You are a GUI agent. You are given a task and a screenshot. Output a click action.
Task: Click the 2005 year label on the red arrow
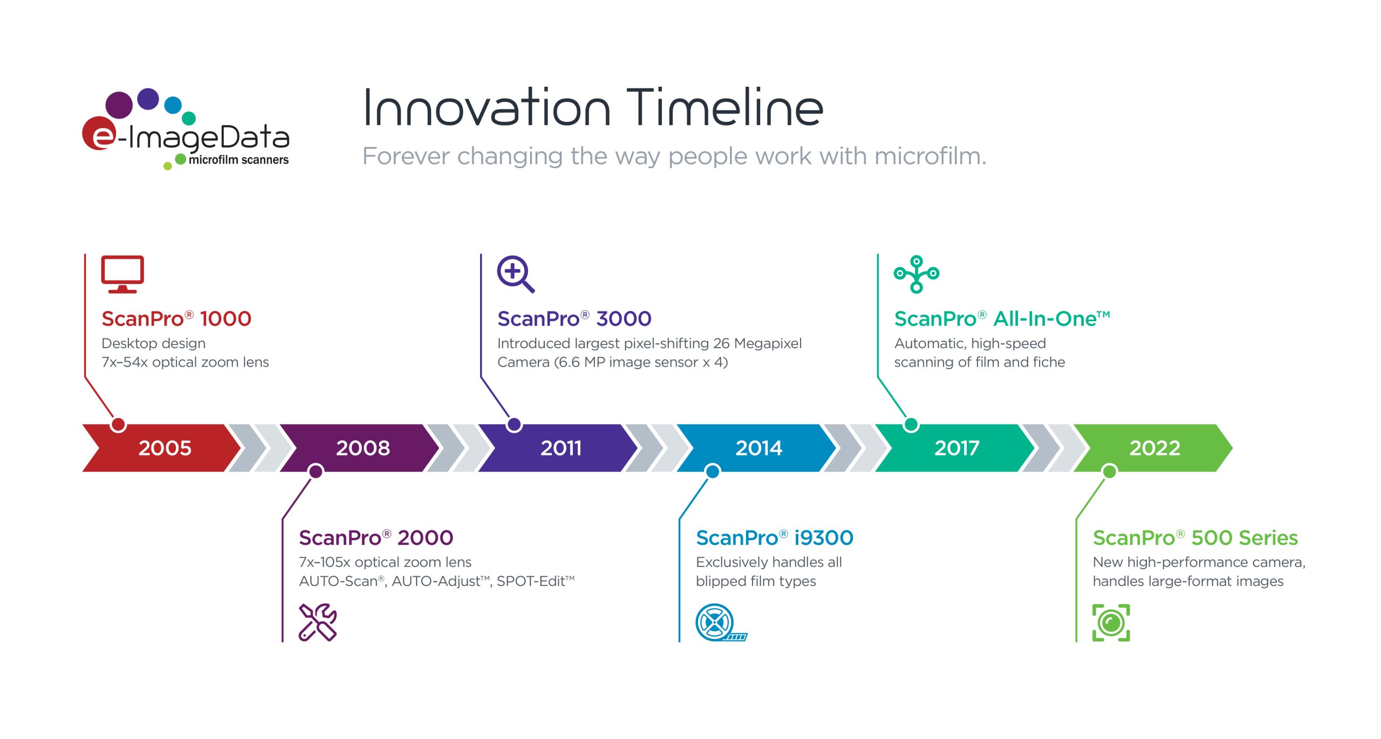[165, 448]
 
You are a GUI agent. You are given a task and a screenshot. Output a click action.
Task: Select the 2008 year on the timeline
[363, 448]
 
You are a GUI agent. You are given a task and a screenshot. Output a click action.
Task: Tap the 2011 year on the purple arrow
[561, 448]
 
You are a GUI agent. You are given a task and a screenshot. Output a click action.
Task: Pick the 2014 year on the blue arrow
[758, 448]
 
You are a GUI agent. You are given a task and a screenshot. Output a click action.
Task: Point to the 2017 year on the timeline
[956, 448]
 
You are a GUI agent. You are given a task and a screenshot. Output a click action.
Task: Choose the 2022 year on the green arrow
[1154, 448]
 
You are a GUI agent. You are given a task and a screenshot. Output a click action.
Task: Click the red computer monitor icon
[122, 274]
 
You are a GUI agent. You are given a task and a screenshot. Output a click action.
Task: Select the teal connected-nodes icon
[916, 274]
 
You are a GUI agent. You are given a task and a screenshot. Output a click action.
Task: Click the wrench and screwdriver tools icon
[318, 623]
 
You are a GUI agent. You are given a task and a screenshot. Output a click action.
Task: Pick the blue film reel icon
[721, 623]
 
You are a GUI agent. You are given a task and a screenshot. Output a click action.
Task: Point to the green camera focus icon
[1111, 623]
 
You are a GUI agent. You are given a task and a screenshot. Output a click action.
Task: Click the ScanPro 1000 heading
[176, 319]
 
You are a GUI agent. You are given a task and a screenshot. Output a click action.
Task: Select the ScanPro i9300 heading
[775, 537]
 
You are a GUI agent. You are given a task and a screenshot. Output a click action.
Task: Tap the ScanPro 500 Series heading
[1195, 537]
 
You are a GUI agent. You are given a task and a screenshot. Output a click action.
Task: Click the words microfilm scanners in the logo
[238, 160]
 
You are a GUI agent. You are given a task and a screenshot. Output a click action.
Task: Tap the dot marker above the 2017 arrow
[911, 425]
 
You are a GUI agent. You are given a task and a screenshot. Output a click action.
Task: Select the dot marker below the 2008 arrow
[316, 472]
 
